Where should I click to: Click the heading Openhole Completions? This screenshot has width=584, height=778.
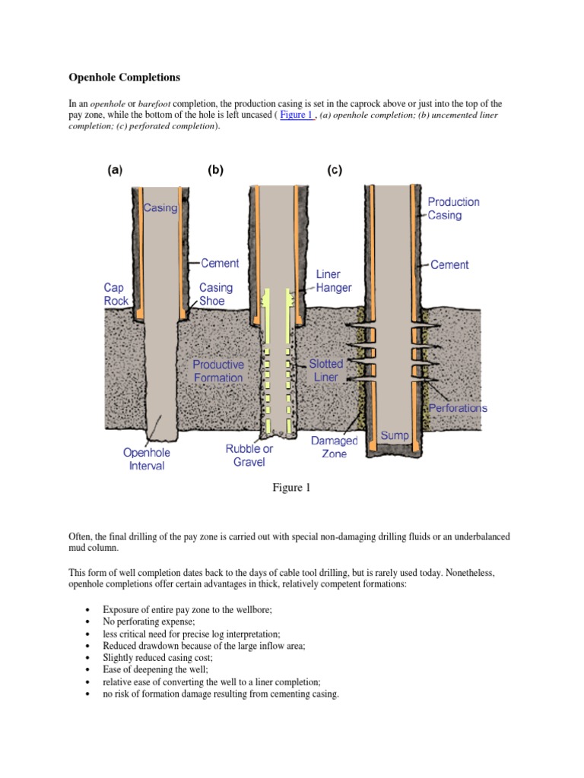click(x=125, y=77)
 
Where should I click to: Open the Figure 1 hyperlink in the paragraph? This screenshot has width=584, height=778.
click(x=297, y=115)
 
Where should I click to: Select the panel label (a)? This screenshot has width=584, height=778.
click(x=114, y=171)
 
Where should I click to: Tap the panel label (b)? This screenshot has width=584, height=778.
click(x=216, y=171)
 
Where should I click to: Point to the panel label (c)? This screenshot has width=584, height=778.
click(x=335, y=171)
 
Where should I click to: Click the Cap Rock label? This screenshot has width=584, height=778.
click(x=116, y=295)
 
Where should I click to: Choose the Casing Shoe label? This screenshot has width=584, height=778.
click(x=216, y=295)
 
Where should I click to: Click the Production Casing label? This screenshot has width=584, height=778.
click(x=453, y=209)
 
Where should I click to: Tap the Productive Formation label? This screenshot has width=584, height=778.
click(x=217, y=372)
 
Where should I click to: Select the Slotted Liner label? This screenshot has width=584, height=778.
click(x=326, y=371)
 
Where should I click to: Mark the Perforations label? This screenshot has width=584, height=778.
click(x=458, y=408)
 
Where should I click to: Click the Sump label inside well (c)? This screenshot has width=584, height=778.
click(x=395, y=435)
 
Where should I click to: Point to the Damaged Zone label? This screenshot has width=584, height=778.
click(x=334, y=448)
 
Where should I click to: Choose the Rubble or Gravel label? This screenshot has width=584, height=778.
click(x=249, y=455)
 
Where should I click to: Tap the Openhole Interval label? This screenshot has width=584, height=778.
click(x=147, y=459)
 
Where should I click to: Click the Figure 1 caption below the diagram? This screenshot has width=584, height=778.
click(x=292, y=489)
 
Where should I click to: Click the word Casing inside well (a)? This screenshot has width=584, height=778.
click(x=160, y=207)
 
